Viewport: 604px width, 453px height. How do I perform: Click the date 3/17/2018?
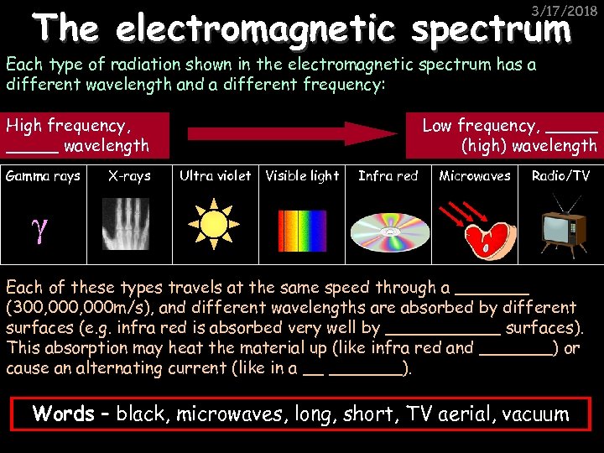tap(569, 11)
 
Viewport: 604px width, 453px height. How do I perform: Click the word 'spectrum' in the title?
tap(492, 30)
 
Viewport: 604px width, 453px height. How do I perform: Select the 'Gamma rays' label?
tap(43, 175)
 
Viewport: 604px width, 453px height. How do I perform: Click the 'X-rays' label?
tap(129, 175)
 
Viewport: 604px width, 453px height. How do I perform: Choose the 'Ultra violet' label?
tap(215, 175)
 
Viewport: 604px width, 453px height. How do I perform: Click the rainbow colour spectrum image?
tap(301, 223)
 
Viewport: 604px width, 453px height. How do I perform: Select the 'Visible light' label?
tap(302, 175)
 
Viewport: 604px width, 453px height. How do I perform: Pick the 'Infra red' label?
tap(388, 175)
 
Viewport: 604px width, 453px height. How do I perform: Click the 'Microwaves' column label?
tap(475, 175)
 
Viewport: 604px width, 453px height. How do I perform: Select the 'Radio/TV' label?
tap(560, 175)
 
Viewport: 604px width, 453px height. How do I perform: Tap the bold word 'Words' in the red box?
tap(63, 414)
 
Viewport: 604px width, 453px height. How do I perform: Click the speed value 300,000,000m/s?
tap(75, 307)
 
